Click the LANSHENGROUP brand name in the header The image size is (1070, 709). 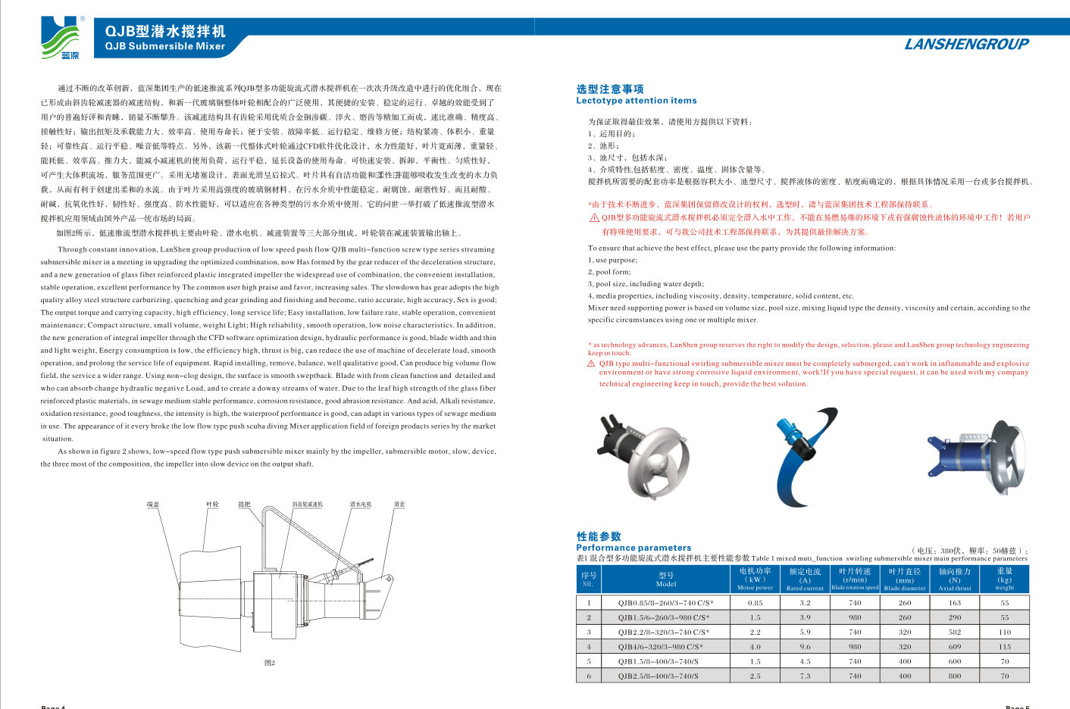click(x=966, y=44)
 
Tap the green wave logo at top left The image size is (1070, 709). click(x=61, y=38)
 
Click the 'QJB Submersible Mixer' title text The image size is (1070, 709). click(x=164, y=46)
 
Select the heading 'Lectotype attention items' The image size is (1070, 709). click(x=636, y=101)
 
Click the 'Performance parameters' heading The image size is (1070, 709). click(x=634, y=548)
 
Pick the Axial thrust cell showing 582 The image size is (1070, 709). click(x=954, y=632)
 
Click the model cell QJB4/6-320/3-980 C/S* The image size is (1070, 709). click(x=660, y=647)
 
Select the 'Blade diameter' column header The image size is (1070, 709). click(x=905, y=579)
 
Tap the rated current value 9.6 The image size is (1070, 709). click(x=805, y=647)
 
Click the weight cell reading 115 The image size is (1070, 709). click(x=1004, y=647)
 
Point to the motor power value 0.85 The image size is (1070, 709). click(x=755, y=603)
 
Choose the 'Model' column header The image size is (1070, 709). click(x=666, y=579)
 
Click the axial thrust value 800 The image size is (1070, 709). click(x=954, y=676)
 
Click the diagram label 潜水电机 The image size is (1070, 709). click(x=361, y=504)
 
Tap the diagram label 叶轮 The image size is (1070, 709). click(x=212, y=504)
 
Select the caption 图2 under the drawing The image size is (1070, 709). click(x=270, y=663)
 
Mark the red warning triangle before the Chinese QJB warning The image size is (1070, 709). click(x=594, y=218)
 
